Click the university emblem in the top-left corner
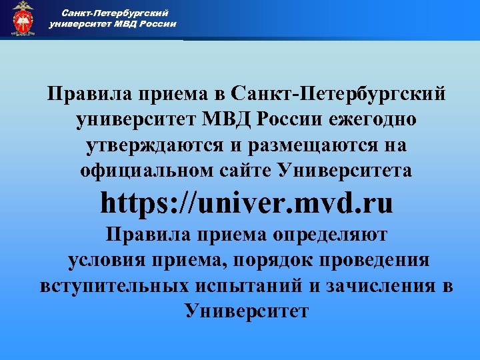23,19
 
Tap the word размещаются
316,145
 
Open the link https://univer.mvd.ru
247,203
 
